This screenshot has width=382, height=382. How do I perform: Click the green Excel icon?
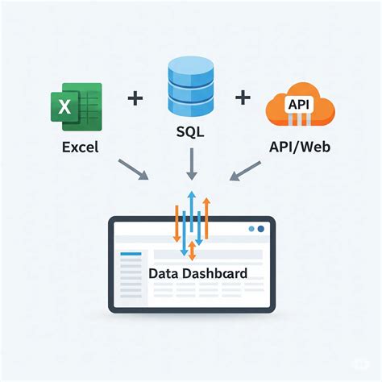click(x=77, y=107)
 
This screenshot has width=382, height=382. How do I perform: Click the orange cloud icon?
click(x=299, y=109)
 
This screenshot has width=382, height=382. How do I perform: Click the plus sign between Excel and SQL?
click(x=135, y=99)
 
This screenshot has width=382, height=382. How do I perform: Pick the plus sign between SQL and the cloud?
click(x=243, y=99)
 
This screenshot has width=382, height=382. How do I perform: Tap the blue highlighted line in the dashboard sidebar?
click(x=130, y=255)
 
